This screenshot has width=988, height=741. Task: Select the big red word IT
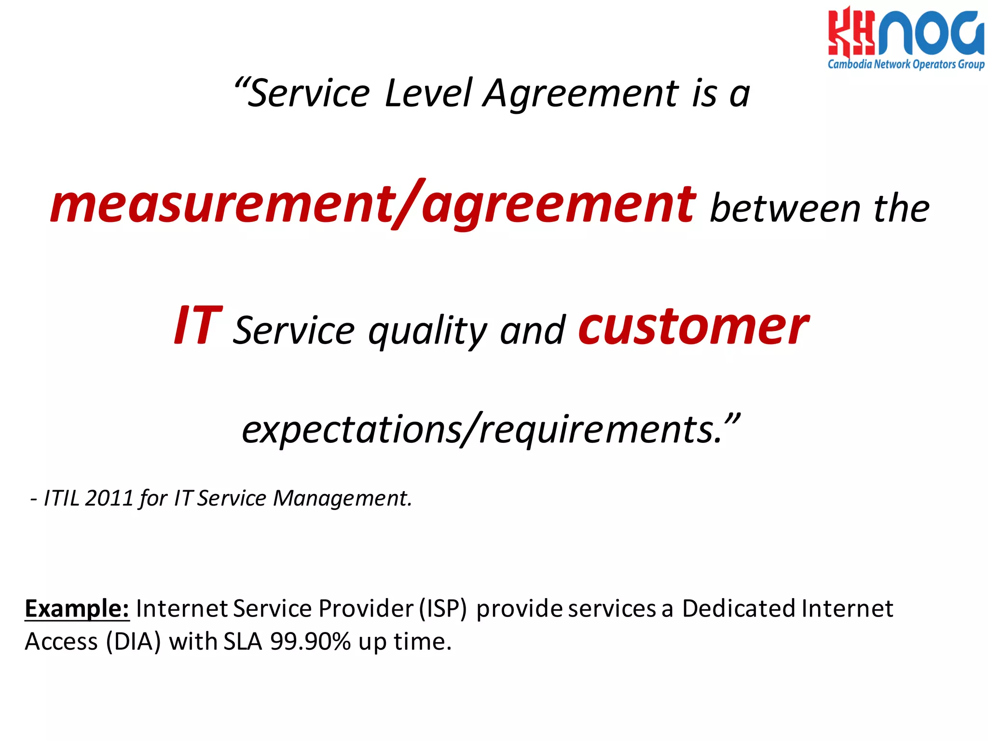tap(198, 327)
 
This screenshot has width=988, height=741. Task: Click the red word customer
tap(694, 327)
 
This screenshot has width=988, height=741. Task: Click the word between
tap(785, 209)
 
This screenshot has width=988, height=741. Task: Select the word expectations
tap(351, 429)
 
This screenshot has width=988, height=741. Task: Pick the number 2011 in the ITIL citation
tap(109, 498)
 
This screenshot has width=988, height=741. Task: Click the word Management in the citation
tap(342, 498)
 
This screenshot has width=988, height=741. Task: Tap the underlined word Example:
tap(77, 608)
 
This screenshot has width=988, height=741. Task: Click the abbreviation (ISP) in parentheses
tap(443, 608)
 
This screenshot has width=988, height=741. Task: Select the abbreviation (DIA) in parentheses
tap(133, 642)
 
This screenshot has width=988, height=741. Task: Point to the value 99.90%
tap(310, 642)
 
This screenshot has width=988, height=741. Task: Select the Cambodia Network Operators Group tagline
tap(906, 64)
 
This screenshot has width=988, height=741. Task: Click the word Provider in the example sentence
tap(366, 608)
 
